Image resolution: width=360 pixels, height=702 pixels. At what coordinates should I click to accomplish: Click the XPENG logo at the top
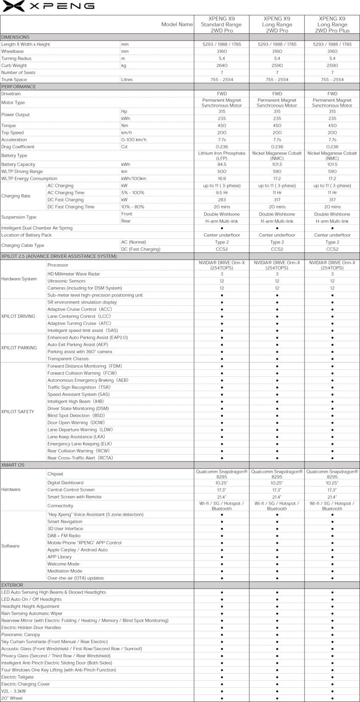[48, 6]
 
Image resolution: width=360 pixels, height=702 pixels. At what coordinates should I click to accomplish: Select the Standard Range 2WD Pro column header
[222, 25]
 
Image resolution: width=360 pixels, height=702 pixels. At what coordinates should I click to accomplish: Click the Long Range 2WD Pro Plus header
[332, 25]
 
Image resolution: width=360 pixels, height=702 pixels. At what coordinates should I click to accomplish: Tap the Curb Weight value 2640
[222, 66]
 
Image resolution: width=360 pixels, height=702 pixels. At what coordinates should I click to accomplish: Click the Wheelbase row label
[13, 51]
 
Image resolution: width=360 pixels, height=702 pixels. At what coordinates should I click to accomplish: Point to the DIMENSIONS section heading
[16, 37]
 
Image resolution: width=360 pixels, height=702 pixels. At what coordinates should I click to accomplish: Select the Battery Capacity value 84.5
[222, 164]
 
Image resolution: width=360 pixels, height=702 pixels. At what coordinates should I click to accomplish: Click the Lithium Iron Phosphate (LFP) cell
[222, 155]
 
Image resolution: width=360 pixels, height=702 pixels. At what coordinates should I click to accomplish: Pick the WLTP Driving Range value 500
[222, 171]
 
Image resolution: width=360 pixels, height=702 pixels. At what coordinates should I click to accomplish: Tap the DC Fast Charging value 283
[222, 200]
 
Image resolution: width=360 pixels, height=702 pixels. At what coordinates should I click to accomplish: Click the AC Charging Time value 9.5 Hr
[222, 193]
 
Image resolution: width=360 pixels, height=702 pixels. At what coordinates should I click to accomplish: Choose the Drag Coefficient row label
[18, 146]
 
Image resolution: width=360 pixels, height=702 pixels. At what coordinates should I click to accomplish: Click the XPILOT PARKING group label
[19, 348]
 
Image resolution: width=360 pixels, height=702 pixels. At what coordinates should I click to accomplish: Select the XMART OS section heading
[13, 465]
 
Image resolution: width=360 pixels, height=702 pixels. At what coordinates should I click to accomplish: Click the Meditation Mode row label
[65, 571]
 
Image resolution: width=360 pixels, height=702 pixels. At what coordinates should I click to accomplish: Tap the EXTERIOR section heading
[12, 585]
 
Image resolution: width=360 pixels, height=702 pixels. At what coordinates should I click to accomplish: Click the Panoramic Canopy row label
[21, 635]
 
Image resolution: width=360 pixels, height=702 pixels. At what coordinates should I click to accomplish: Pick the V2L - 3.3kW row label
[14, 691]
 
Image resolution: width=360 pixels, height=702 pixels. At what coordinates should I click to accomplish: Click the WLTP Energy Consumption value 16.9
[222, 179]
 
